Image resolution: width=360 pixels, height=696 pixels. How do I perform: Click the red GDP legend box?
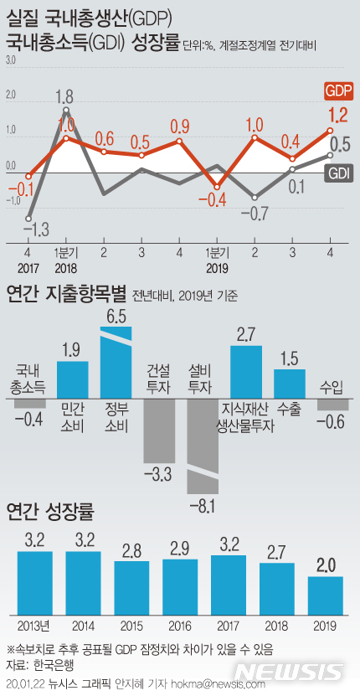pos(337,90)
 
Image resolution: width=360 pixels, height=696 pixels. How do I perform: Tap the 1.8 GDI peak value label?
pos(65,96)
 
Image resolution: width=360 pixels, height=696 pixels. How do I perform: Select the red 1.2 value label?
pos(337,116)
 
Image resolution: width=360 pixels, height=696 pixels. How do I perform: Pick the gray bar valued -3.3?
pos(160,430)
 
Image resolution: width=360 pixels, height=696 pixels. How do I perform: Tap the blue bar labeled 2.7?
pos(246,371)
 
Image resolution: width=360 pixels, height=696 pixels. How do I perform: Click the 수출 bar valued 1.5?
pos(290,383)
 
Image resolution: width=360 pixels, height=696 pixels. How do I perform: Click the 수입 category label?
pos(331,386)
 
